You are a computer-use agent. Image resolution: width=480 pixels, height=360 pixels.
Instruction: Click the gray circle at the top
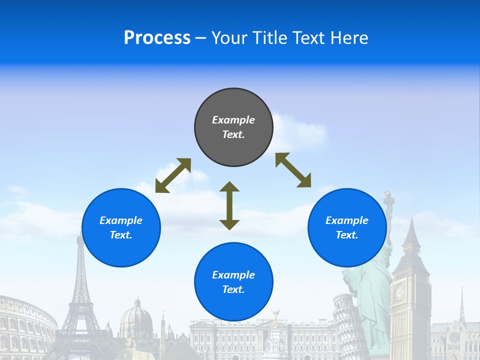click(233, 127)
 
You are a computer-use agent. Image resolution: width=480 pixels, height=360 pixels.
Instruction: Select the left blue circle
click(121, 227)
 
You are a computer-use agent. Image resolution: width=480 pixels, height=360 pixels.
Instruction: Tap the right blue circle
click(347, 227)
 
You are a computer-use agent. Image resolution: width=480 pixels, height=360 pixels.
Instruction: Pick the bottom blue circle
click(233, 282)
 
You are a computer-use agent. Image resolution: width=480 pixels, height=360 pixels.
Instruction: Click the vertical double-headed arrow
click(229, 205)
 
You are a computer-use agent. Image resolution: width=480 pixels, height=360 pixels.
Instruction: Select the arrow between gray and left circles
click(173, 175)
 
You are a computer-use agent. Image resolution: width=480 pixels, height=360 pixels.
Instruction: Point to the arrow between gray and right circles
click(293, 170)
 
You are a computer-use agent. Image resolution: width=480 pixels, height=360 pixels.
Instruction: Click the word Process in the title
click(157, 37)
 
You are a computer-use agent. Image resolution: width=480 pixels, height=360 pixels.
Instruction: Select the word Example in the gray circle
click(233, 120)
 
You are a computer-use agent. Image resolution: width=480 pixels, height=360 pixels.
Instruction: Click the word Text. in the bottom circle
click(233, 289)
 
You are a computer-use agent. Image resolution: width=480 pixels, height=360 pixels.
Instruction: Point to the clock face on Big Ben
click(399, 292)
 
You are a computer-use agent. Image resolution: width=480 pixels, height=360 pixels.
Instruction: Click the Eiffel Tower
click(80, 290)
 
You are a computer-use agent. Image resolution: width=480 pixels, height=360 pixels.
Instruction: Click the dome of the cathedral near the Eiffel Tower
click(136, 315)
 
